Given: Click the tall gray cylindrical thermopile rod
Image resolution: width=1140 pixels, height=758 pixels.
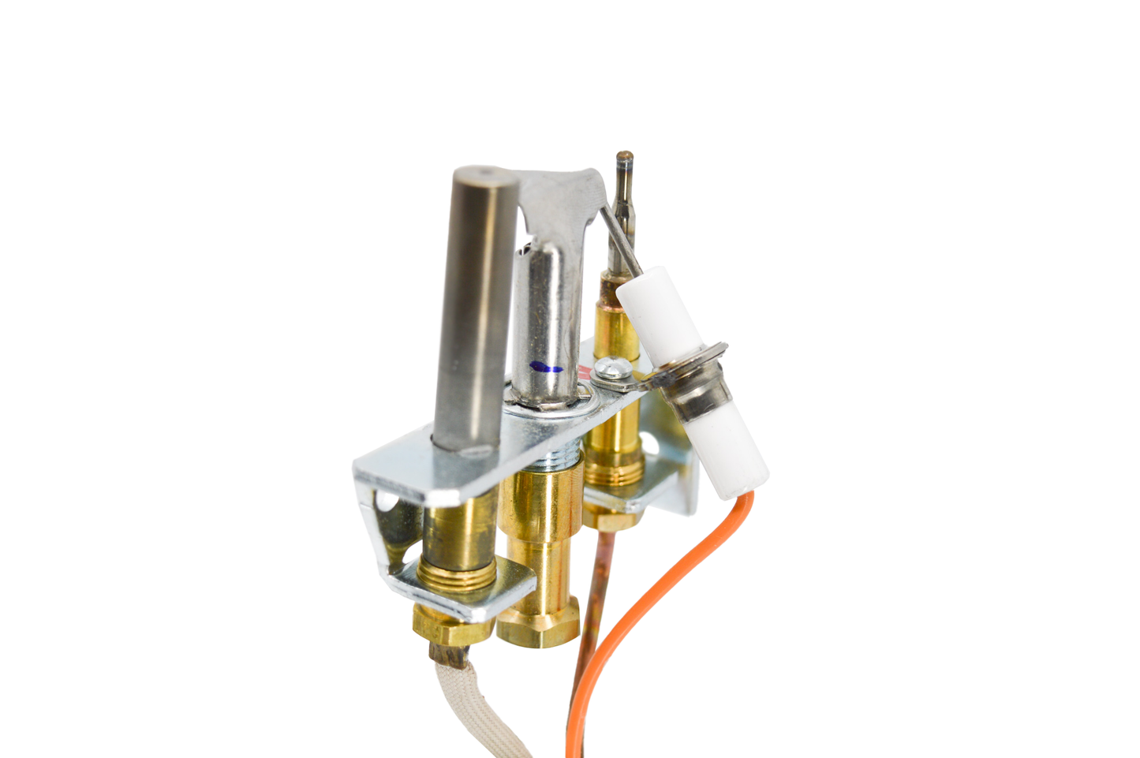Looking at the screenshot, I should [473, 316].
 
